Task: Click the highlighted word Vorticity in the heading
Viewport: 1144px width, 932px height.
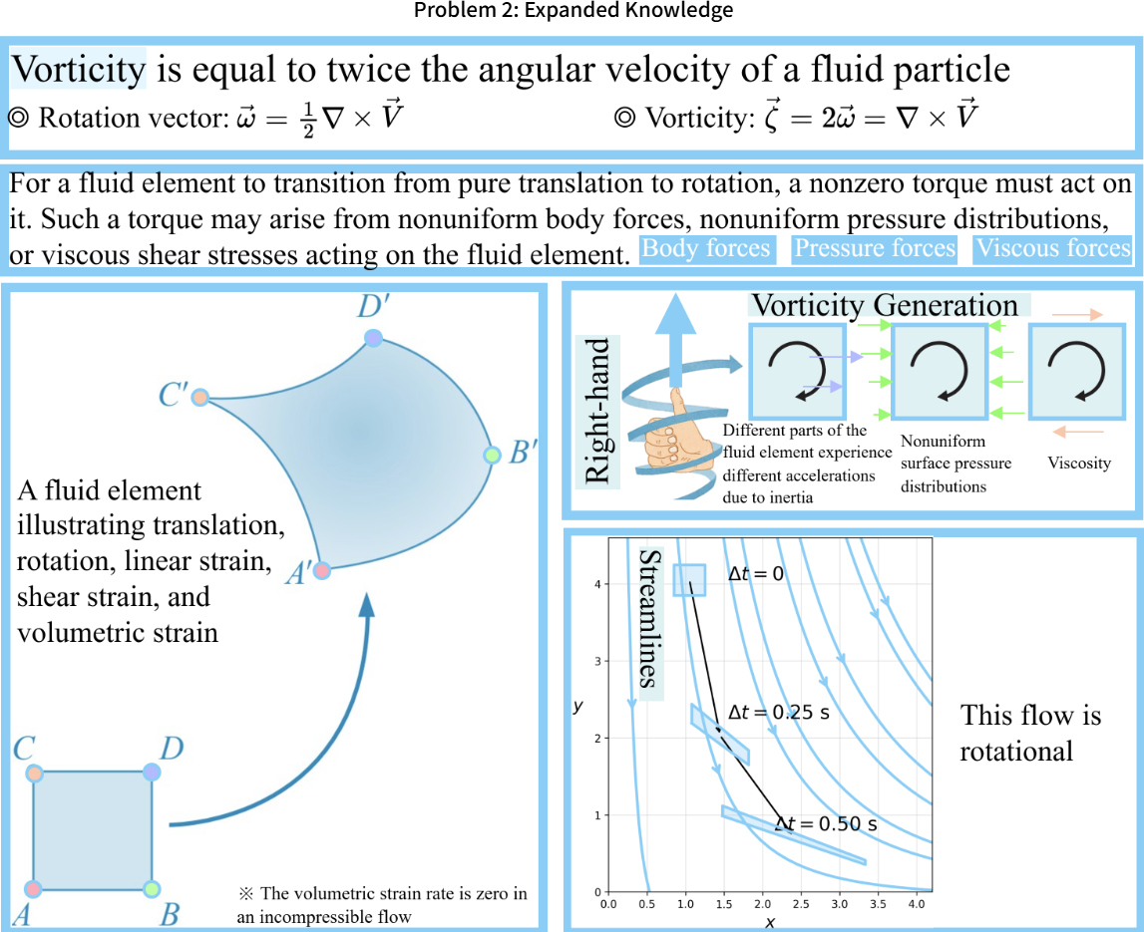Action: tap(79, 69)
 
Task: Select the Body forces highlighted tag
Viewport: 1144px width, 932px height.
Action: tap(706, 248)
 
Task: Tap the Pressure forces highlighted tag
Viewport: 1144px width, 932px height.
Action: tap(875, 248)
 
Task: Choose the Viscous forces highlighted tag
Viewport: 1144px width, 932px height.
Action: tap(1052, 248)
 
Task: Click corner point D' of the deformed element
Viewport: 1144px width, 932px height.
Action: tap(374, 338)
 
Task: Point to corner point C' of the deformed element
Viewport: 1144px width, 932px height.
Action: tap(199, 397)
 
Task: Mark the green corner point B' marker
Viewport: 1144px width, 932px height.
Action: tap(491, 456)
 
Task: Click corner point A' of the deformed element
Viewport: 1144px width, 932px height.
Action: tap(321, 571)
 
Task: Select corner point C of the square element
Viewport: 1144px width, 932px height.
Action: tap(35, 773)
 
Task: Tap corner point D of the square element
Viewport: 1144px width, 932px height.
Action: tap(152, 772)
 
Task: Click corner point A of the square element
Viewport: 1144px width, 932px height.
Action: tap(34, 888)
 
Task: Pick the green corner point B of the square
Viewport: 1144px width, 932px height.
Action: tap(152, 888)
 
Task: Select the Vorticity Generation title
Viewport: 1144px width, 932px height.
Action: tap(885, 304)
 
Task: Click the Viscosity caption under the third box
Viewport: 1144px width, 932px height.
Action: tap(1078, 463)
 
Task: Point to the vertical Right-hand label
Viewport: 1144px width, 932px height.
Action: tap(598, 410)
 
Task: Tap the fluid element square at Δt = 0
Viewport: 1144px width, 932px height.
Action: tap(689, 580)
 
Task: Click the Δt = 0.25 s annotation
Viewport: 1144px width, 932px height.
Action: tap(779, 713)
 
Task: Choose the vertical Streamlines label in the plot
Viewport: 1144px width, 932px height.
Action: tap(649, 618)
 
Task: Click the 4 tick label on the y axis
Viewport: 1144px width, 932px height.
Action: tap(596, 584)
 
